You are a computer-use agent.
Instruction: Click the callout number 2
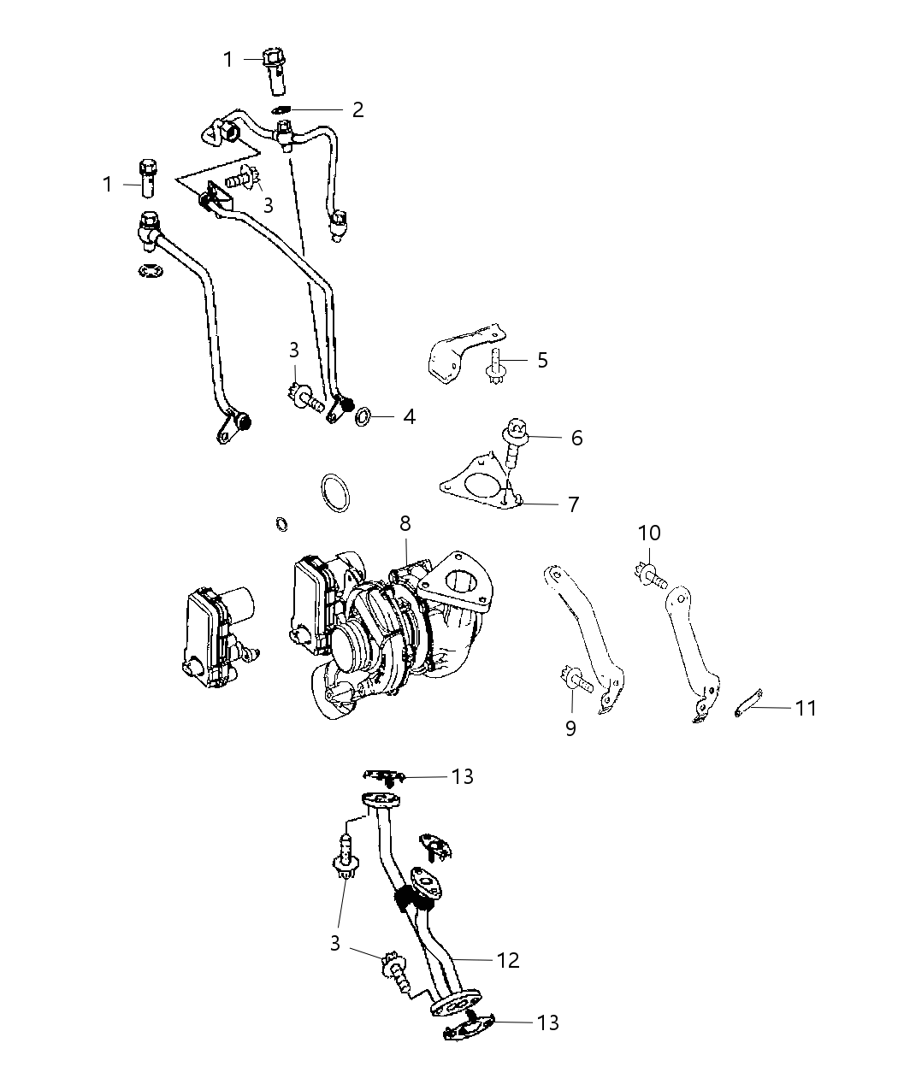[x=357, y=109]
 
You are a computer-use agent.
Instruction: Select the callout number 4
[x=409, y=417]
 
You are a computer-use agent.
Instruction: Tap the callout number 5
[x=542, y=360]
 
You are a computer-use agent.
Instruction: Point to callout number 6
[x=576, y=438]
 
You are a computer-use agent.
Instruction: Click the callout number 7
[x=573, y=504]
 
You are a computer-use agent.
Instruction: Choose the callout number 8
[x=405, y=522]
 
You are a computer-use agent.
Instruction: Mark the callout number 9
[x=570, y=728]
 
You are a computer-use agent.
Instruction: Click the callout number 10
[x=649, y=533]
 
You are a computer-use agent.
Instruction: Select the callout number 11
[x=805, y=708]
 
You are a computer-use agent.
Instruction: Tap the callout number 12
[x=508, y=960]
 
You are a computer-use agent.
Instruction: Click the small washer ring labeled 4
[x=363, y=416]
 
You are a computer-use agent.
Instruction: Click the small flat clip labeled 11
[x=747, y=703]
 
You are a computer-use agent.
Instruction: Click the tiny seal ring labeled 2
[x=283, y=109]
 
